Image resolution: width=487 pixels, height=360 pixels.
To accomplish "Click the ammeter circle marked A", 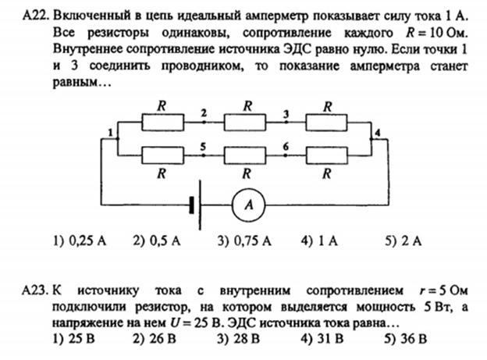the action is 248,205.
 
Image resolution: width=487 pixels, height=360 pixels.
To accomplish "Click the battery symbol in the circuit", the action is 195,205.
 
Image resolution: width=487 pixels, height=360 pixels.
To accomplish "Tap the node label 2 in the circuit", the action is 204,113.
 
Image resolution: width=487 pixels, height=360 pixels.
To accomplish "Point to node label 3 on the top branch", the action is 286,114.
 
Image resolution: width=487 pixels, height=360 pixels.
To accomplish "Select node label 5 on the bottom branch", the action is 203,146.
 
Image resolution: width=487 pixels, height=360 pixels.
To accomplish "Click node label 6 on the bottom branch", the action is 286,146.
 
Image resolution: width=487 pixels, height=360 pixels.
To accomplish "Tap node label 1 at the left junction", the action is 110,133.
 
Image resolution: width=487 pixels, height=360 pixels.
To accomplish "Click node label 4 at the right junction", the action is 378,133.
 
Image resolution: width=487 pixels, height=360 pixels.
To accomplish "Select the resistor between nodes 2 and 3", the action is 245,122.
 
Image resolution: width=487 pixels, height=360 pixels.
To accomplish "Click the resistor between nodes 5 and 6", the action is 245,155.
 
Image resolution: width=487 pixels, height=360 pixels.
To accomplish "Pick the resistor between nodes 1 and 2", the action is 163,122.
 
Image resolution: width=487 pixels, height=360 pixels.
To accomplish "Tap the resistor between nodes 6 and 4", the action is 326,155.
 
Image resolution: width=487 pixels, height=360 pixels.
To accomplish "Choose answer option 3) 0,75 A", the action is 244,241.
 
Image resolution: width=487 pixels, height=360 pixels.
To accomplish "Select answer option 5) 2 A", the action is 403,241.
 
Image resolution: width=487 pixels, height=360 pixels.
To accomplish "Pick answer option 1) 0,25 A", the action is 80,241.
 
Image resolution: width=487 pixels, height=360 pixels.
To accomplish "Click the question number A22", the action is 36,16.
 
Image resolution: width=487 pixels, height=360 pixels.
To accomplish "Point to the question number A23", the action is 35,290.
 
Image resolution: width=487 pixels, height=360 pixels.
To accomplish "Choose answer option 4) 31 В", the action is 322,339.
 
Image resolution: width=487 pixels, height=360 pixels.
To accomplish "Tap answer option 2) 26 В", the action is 155,339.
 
